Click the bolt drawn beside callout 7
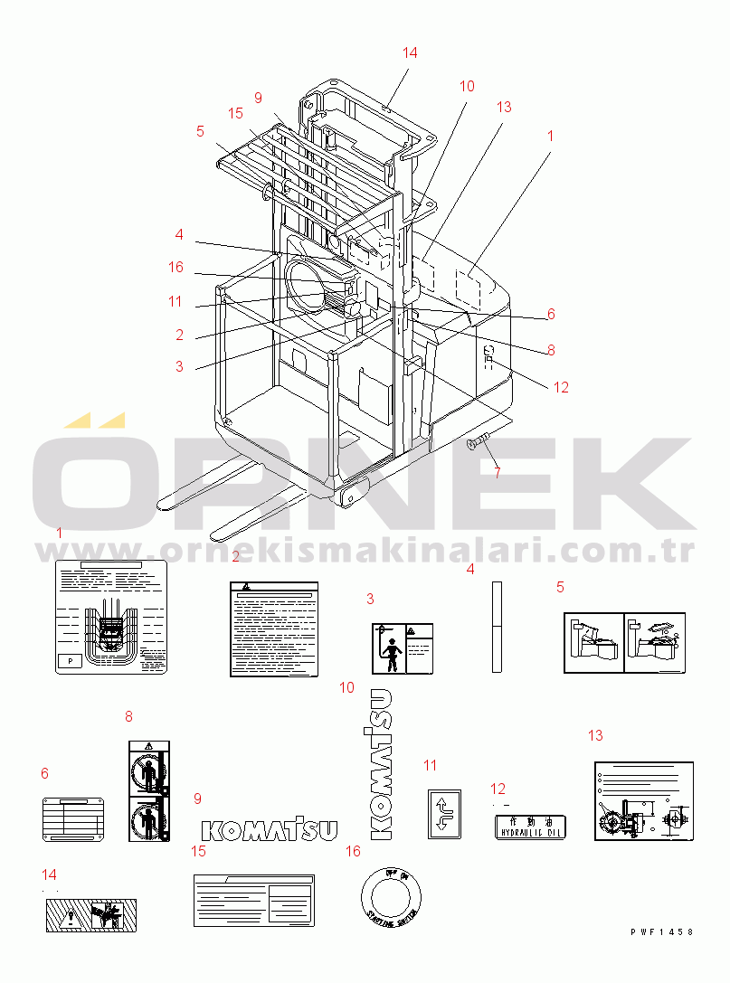[479, 442]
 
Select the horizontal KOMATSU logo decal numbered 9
[269, 830]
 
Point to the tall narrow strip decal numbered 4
[496, 626]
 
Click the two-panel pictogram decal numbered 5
[625, 642]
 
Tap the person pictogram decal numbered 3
[401, 647]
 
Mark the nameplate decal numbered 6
[74, 819]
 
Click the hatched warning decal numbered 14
[90, 916]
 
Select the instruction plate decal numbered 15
[254, 900]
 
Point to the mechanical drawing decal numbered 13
[643, 800]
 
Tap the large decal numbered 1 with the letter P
[112, 617]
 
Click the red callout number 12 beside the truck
[561, 387]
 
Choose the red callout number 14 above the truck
[410, 52]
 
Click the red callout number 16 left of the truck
[175, 267]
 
